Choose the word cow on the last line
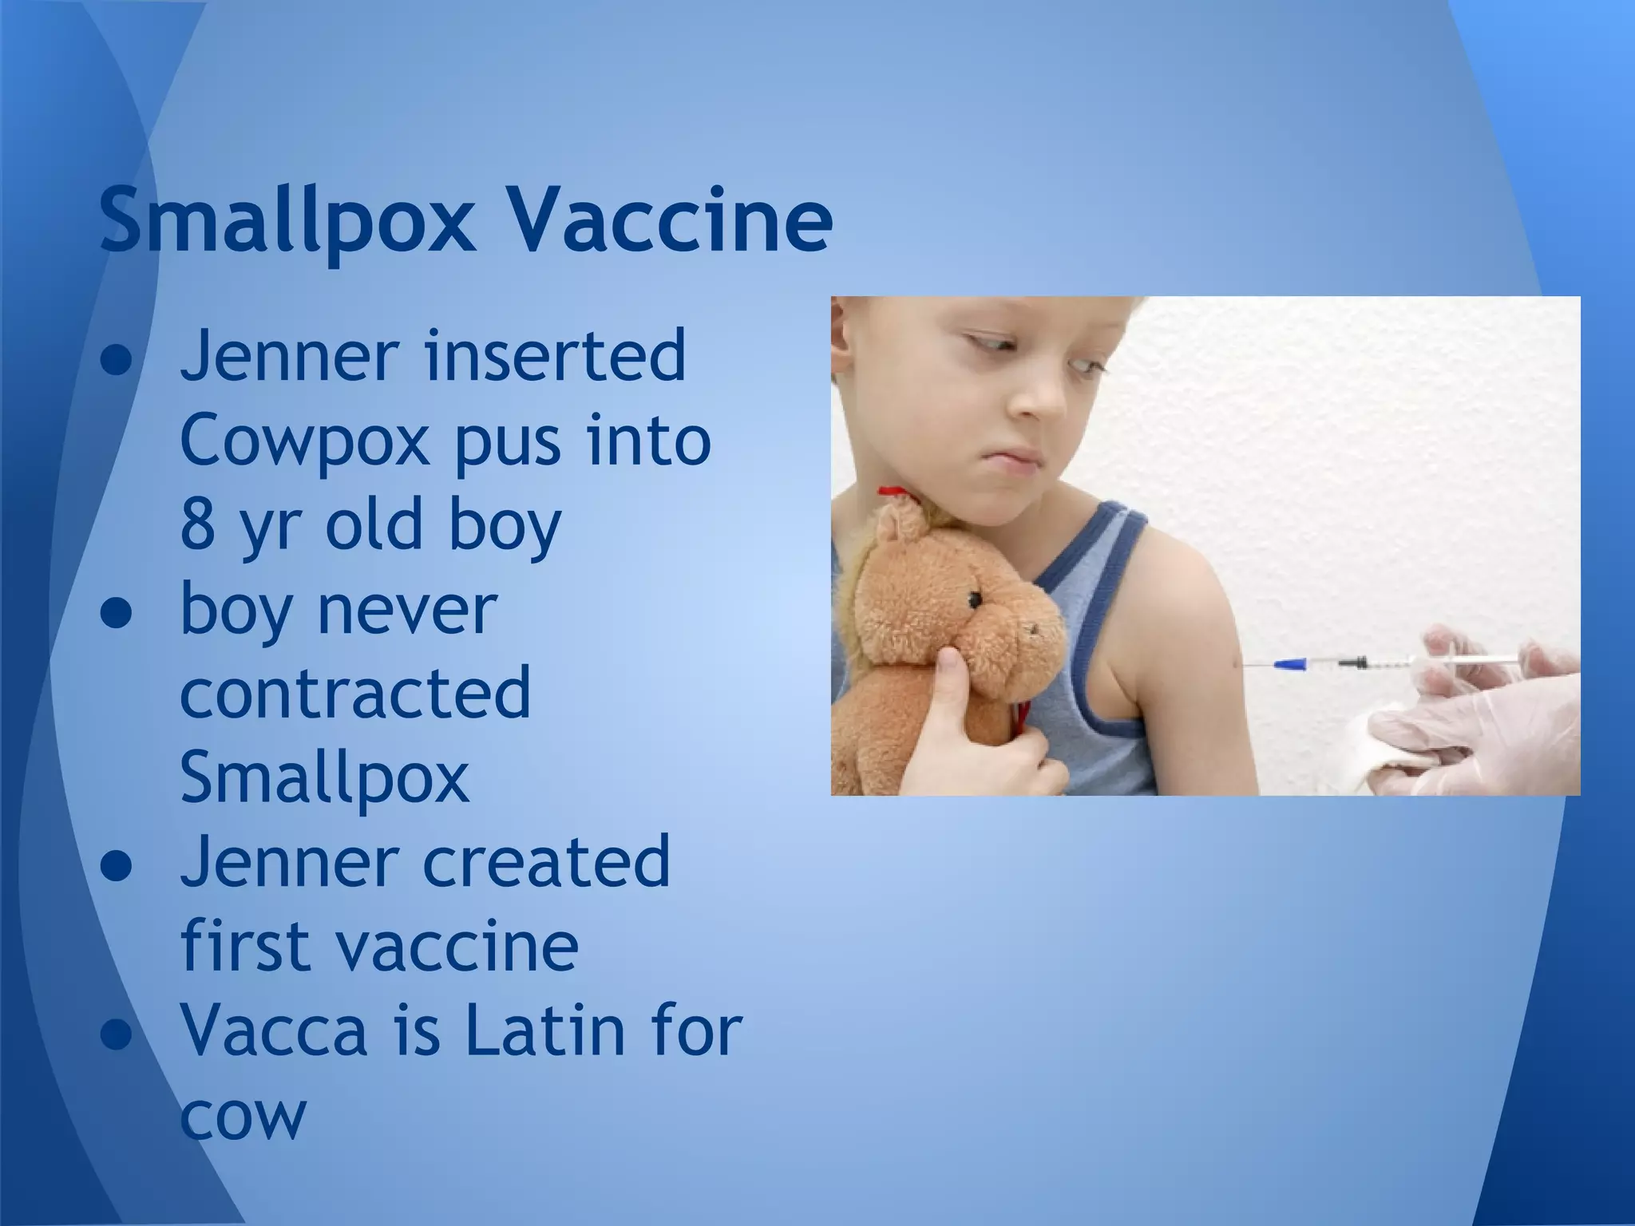point(243,1116)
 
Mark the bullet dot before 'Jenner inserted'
point(117,362)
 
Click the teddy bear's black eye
point(975,599)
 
